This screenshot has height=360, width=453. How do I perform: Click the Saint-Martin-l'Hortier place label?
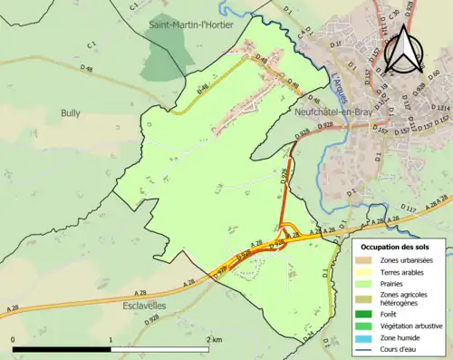[192, 25]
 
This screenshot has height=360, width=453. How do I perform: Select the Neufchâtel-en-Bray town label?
[339, 112]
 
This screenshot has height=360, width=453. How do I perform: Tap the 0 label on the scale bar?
[14, 340]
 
